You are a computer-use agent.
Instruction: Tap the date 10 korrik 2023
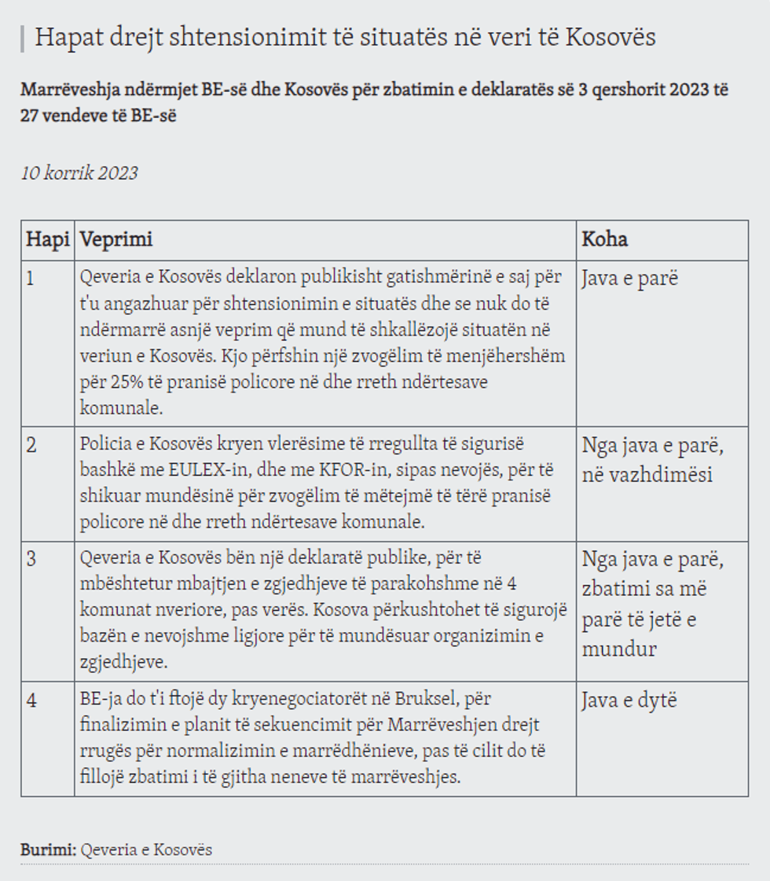79,174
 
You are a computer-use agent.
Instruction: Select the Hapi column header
48,239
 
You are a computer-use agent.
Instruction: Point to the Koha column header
604,239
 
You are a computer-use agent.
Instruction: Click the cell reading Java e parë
629,280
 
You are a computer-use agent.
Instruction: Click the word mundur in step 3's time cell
619,649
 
